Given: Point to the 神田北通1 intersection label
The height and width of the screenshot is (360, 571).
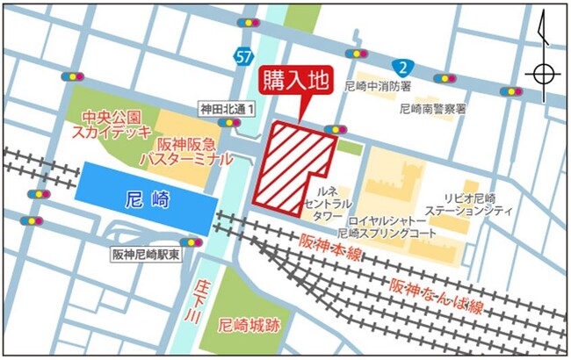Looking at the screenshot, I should coord(226,108).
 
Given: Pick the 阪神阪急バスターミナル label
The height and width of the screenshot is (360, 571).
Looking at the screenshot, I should coord(188,152).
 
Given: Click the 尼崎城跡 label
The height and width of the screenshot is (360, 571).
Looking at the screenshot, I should coord(249,323).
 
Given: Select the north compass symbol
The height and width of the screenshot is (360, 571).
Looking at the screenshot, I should coord(543,72).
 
